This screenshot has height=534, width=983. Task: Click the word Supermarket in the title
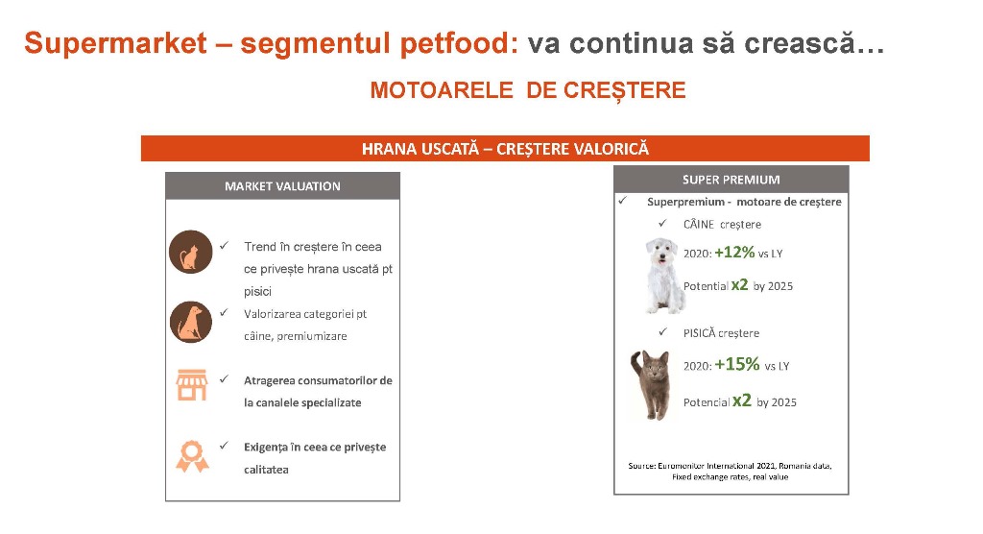(x=115, y=44)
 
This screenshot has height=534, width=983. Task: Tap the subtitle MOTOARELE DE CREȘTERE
(x=528, y=90)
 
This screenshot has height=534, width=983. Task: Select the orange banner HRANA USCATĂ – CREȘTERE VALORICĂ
(x=505, y=149)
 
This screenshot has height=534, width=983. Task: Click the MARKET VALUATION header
(x=283, y=186)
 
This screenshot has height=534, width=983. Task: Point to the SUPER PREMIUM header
(x=731, y=180)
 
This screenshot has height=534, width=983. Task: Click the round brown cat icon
(x=191, y=252)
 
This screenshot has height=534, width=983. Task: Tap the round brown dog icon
(x=191, y=322)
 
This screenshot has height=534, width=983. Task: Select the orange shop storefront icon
(x=192, y=385)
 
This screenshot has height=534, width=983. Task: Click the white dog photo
(x=664, y=275)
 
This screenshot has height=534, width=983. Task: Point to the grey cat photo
(x=651, y=385)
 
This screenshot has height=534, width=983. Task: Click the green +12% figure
(x=734, y=253)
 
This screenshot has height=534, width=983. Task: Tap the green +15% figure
(x=737, y=364)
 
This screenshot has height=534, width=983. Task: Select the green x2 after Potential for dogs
(x=740, y=285)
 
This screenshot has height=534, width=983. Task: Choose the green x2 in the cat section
(x=742, y=400)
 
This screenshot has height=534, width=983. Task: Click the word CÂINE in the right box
(x=699, y=224)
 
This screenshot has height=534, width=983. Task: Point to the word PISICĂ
(x=699, y=332)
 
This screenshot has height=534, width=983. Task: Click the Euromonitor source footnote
(x=730, y=472)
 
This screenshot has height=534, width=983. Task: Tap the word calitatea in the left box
(x=267, y=470)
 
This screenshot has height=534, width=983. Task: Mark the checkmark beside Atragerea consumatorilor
(x=224, y=378)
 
